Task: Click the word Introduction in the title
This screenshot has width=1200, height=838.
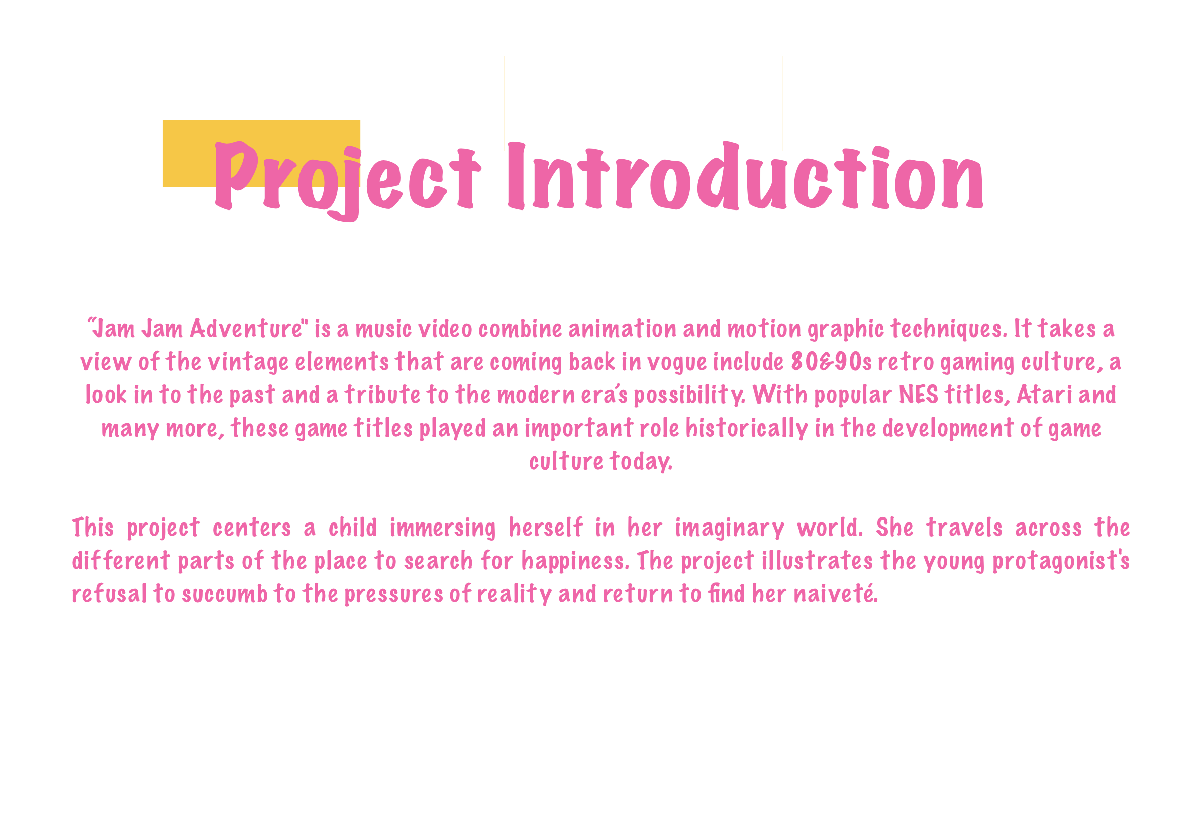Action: coord(745,175)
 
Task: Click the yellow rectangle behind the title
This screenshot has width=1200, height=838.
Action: coord(261,153)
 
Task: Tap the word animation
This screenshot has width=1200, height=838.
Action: coord(622,329)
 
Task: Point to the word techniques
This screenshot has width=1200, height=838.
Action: coord(949,329)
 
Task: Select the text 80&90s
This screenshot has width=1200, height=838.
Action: coord(831,362)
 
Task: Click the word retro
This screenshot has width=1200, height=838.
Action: coord(905,362)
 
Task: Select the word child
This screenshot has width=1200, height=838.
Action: coord(352,528)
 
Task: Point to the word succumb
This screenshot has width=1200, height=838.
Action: coord(225,594)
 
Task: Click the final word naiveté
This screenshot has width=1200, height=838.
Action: coord(836,594)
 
